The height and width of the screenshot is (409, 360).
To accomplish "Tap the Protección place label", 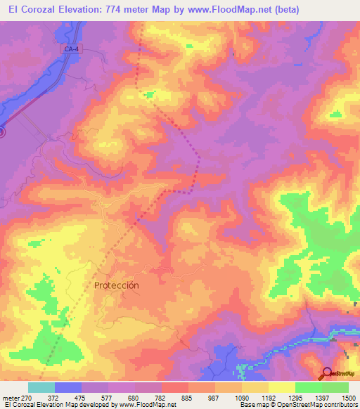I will click(117, 285).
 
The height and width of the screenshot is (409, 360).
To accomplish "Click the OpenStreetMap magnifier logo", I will click(328, 374).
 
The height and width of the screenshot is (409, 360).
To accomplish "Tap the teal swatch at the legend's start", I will click(41, 387).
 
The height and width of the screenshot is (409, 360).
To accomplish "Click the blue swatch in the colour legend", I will click(68, 387).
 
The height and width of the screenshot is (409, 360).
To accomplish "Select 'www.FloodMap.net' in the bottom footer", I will click(147, 405).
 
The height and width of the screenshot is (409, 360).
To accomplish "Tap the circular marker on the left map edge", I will click(1, 131).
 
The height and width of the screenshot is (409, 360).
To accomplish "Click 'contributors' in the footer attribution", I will click(340, 405).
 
